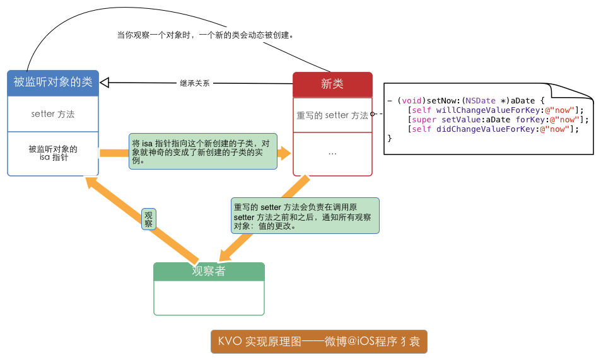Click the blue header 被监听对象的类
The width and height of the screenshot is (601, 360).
pos(53,82)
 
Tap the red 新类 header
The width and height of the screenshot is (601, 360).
pos(332,84)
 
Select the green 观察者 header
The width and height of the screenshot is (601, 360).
pos(209,272)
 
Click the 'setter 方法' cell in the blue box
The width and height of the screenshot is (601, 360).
pos(53,114)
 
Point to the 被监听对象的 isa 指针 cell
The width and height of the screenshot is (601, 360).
pos(53,153)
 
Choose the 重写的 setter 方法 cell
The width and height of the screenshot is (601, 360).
pos(332,115)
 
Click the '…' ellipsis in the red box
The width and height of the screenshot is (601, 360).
pos(332,153)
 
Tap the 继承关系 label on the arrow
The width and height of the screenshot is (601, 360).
pos(195,83)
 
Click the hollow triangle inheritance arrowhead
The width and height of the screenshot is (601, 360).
pos(105,81)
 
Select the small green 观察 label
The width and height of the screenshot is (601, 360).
pos(149,219)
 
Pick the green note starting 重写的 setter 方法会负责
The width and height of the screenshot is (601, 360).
pos(305,216)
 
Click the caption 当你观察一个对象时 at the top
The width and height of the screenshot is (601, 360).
pos(206,35)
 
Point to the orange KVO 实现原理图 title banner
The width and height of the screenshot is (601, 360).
pos(318,342)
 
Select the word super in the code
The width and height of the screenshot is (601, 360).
pos(424,119)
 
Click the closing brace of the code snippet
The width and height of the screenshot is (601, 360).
pos(390,138)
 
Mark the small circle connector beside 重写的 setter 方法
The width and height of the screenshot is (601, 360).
pos(373,114)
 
